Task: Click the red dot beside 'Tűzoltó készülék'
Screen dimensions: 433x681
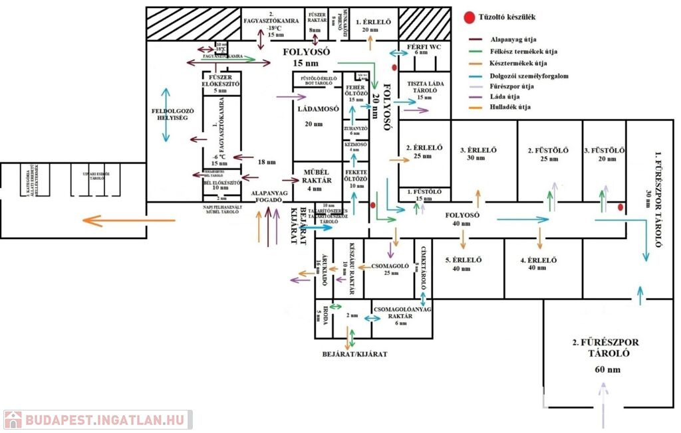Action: click(x=470, y=18)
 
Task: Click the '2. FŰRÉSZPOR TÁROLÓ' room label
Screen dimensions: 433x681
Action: click(x=605, y=348)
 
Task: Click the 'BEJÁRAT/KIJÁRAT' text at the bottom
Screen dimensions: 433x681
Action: click(x=354, y=354)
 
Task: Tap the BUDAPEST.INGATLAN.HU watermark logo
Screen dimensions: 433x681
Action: click(x=96, y=420)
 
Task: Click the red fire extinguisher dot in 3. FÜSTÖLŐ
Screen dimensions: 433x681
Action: click(x=620, y=208)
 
